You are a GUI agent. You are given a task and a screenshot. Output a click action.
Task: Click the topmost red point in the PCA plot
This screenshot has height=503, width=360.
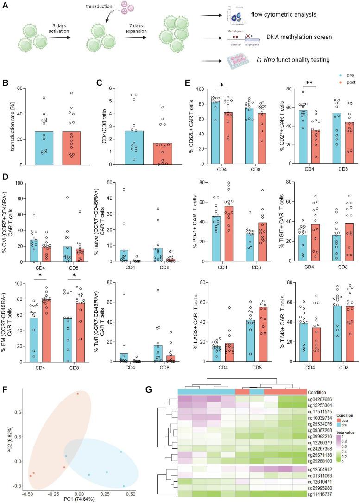point(78,394)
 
